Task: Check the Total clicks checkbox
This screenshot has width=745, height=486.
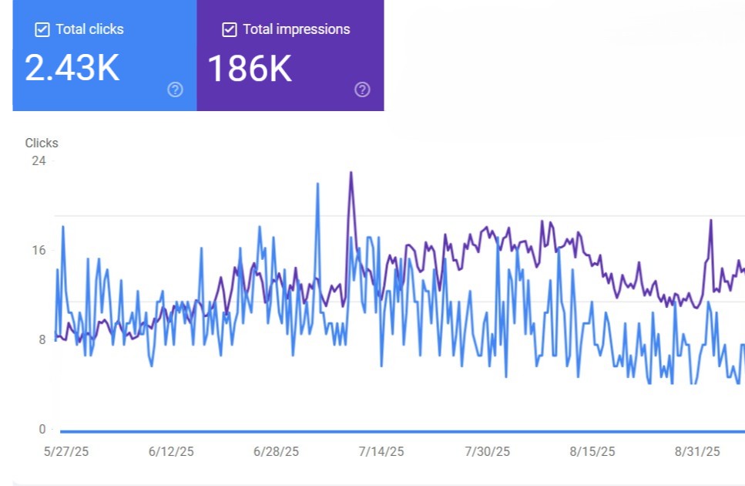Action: point(43,30)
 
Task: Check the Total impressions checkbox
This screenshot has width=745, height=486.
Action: point(229,30)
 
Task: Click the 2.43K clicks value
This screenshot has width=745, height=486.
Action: point(72,68)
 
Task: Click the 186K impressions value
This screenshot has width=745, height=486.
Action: point(250,69)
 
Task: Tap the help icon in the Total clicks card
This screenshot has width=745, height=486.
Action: point(176,89)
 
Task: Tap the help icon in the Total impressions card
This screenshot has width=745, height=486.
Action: point(362,89)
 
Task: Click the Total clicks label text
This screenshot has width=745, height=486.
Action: point(89,29)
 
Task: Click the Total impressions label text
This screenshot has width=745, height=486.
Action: point(296,29)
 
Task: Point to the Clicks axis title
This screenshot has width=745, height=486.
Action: point(42,143)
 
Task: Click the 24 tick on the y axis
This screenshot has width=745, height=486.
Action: point(39,160)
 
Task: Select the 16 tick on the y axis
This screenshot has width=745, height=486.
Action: point(39,250)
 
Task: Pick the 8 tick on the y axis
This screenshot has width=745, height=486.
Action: point(42,339)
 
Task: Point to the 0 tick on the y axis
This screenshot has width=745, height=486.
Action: point(42,429)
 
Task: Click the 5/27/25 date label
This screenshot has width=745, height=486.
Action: point(66,451)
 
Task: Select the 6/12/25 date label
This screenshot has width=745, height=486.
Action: point(170,451)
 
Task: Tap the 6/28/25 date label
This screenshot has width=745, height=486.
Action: point(276,451)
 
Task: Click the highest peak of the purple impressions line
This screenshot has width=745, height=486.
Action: point(351,172)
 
